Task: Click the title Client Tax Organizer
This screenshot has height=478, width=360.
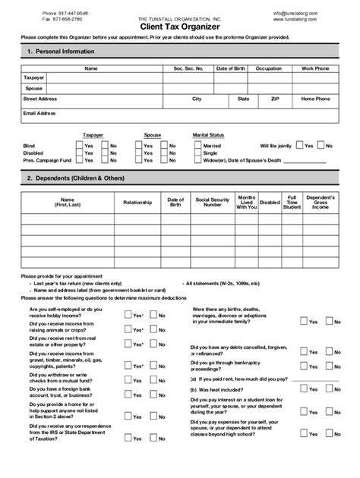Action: (180, 26)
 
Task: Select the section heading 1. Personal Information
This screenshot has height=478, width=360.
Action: (61, 52)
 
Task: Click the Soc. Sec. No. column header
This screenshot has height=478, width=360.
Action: (188, 68)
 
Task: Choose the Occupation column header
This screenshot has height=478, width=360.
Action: (268, 68)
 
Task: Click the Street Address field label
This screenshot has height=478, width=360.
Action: (40, 99)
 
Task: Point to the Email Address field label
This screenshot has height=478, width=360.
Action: (39, 113)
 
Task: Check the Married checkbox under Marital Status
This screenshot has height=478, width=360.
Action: (196, 146)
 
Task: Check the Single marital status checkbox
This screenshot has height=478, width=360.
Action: (196, 153)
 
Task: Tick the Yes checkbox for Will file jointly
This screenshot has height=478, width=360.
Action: (300, 146)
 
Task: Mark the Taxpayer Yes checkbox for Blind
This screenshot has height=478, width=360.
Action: (78, 146)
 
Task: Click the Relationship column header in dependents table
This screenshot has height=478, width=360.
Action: (137, 203)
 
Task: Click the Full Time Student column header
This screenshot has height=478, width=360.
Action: (292, 203)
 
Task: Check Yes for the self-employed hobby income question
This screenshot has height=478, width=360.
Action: (128, 314)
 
